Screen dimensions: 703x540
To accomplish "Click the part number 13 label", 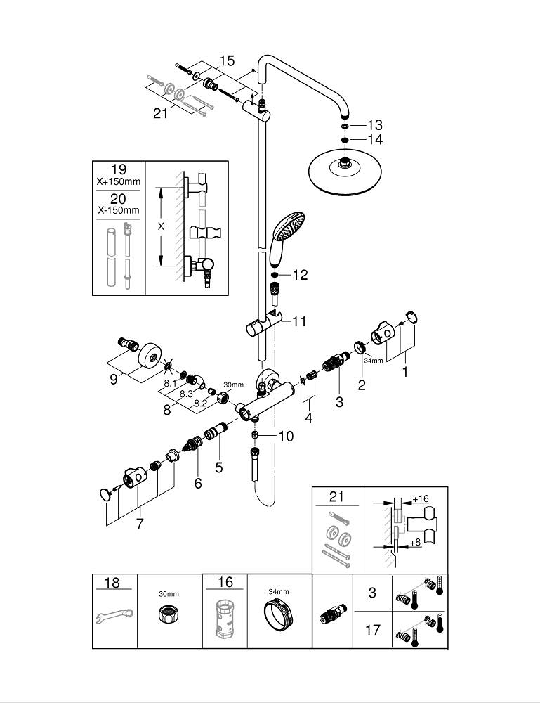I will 375,125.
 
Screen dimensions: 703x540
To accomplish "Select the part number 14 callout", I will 375,139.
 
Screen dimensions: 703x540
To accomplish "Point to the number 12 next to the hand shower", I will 300,275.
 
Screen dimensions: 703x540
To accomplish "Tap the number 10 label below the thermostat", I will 285,436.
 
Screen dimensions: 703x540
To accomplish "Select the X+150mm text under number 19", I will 119,182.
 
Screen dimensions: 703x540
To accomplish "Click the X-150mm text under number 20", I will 119,209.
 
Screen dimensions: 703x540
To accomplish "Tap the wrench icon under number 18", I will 113,617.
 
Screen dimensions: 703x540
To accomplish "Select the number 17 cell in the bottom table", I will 373,628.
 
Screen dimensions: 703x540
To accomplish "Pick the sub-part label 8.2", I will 200,403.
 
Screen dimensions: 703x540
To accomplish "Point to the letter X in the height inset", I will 161,226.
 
